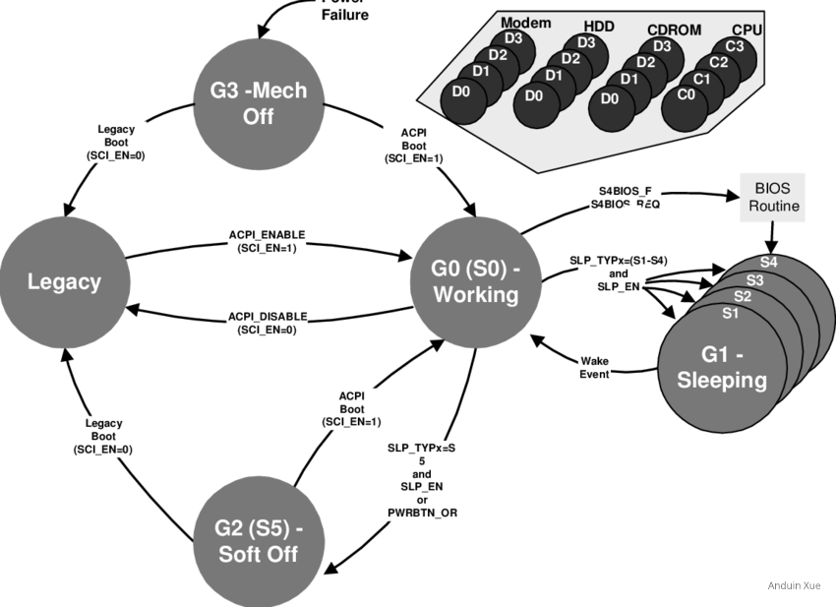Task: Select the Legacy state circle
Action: click(63, 282)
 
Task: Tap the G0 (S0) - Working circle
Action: click(475, 282)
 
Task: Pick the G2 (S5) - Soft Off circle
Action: click(259, 541)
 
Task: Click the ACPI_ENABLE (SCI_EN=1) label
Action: click(267, 241)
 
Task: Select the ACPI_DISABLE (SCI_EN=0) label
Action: click(267, 322)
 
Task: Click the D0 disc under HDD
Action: click(534, 95)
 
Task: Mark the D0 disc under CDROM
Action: click(609, 98)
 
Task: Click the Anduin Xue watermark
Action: click(793, 586)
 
